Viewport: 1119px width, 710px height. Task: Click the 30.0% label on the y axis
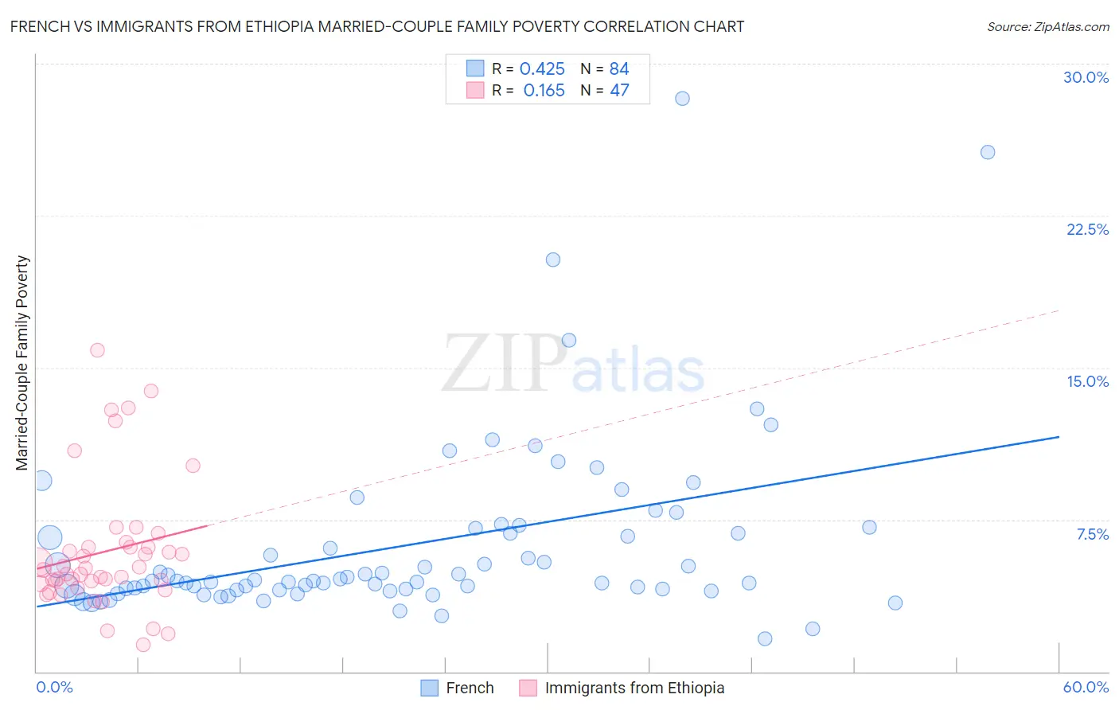(1086, 77)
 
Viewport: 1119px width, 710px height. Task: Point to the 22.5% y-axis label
(1087, 229)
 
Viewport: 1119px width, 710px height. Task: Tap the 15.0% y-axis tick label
(1087, 381)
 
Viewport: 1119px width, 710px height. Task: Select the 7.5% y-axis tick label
(1092, 534)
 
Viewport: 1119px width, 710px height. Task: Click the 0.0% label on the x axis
(54, 687)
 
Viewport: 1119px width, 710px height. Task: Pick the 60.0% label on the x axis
(1086, 687)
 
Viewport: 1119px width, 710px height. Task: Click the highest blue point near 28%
(682, 99)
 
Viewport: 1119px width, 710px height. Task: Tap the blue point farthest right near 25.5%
(988, 152)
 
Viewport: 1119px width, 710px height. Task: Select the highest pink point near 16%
(97, 350)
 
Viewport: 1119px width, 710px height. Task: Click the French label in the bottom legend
(470, 688)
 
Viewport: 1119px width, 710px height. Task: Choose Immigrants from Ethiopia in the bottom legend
(634, 688)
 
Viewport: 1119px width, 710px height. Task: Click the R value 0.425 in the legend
(542, 69)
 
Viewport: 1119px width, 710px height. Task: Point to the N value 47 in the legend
(619, 91)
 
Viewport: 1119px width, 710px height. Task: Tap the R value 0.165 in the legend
(544, 91)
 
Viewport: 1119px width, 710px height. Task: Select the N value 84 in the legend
(619, 69)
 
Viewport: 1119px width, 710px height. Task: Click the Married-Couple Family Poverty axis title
(22, 363)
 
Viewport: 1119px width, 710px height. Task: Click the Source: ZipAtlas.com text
(1047, 27)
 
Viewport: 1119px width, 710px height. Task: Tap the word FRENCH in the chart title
(37, 26)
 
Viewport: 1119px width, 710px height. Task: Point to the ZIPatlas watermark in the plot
(573, 365)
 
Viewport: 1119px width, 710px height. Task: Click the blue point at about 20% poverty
(553, 259)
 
